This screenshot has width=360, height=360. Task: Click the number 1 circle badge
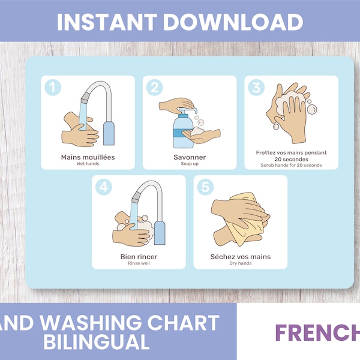[53, 88]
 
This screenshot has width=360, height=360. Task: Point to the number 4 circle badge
[104, 187]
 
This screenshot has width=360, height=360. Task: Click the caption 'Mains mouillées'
[88, 157]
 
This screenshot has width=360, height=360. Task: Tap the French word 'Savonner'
[190, 157]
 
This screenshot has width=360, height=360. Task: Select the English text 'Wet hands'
[88, 164]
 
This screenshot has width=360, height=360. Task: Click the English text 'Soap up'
[190, 164]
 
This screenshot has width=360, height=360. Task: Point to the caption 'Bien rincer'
[139, 257]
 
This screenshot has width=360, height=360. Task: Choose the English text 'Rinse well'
[139, 263]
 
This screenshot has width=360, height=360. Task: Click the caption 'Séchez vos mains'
[241, 257]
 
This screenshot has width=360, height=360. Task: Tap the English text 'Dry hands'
[241, 263]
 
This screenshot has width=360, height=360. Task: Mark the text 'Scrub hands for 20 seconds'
[292, 165]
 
